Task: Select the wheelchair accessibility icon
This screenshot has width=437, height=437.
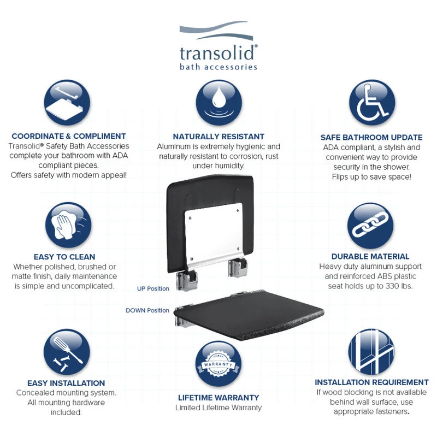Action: pyautogui.click(x=372, y=103)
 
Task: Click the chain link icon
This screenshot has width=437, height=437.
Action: pyautogui.click(x=370, y=226)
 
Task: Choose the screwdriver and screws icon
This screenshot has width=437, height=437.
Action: pyautogui.click(x=67, y=352)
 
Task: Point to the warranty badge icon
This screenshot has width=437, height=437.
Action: pyautogui.click(x=218, y=364)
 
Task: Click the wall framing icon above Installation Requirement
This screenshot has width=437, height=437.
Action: pyautogui.click(x=371, y=351)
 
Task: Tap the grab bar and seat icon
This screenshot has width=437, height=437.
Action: pyautogui.click(x=67, y=103)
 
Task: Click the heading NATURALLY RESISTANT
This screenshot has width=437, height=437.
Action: pyautogui.click(x=218, y=137)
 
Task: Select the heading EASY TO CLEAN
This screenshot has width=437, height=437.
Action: pyautogui.click(x=64, y=257)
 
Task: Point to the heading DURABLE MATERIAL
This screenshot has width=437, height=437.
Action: pyautogui.click(x=370, y=256)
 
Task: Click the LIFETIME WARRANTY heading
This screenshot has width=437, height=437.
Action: pyautogui.click(x=218, y=398)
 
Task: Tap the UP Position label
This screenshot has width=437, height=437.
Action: pyautogui.click(x=153, y=289)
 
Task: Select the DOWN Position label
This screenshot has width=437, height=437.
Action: pyautogui.click(x=147, y=310)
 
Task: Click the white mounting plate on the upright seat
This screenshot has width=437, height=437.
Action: pyautogui.click(x=214, y=234)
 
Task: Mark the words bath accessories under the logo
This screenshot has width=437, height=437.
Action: pyautogui.click(x=218, y=67)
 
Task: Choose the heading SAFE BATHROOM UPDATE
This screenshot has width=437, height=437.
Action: pyautogui.click(x=371, y=138)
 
